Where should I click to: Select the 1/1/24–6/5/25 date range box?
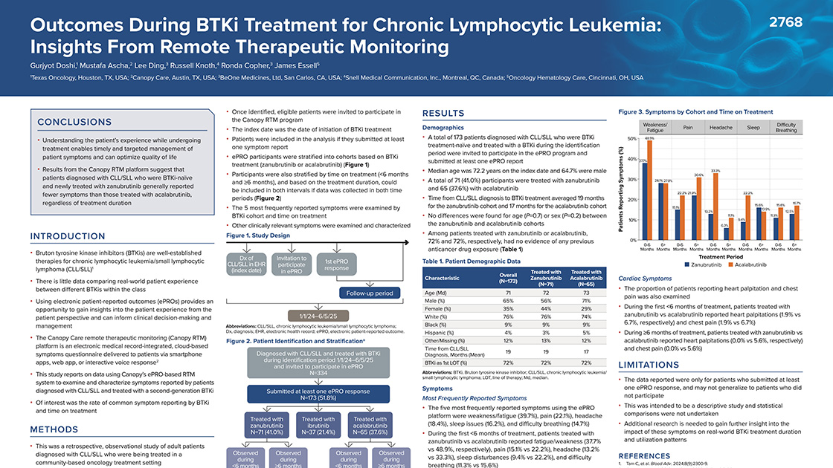[312, 316]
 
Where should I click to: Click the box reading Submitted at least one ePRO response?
[312, 394]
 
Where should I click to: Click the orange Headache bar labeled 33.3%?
[715, 207]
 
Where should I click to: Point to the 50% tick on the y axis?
[631, 139]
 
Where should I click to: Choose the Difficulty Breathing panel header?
[786, 127]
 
